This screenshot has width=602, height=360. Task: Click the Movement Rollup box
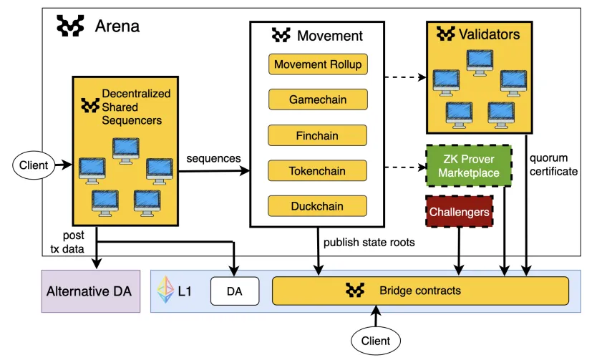coord(318,64)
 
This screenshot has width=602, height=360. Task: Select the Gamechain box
coord(318,99)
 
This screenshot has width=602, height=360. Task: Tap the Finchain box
coord(318,135)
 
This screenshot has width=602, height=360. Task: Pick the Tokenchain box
coord(318,170)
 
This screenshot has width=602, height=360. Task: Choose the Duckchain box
coord(318,206)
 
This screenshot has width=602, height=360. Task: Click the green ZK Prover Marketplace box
coord(469,166)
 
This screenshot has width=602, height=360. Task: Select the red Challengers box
coord(459,211)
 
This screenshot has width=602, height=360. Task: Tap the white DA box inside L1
coord(235,291)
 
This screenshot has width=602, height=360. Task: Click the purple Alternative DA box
coord(91,291)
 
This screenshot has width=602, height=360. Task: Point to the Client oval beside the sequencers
coord(34,165)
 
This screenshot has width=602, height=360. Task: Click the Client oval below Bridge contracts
coord(376,341)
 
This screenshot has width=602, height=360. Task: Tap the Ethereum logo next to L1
coord(165,290)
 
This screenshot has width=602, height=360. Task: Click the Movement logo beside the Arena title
coord(70,26)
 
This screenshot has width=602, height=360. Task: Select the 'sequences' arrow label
coord(213,158)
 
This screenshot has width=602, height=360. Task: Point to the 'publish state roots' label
coord(369,243)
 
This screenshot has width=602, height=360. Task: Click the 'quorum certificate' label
coord(553,165)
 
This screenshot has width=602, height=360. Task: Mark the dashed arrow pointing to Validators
coord(405,77)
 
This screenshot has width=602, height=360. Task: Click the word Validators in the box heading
coord(489,34)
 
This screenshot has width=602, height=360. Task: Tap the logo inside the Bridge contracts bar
coord(355,291)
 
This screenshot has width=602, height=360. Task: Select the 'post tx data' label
coord(67,242)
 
